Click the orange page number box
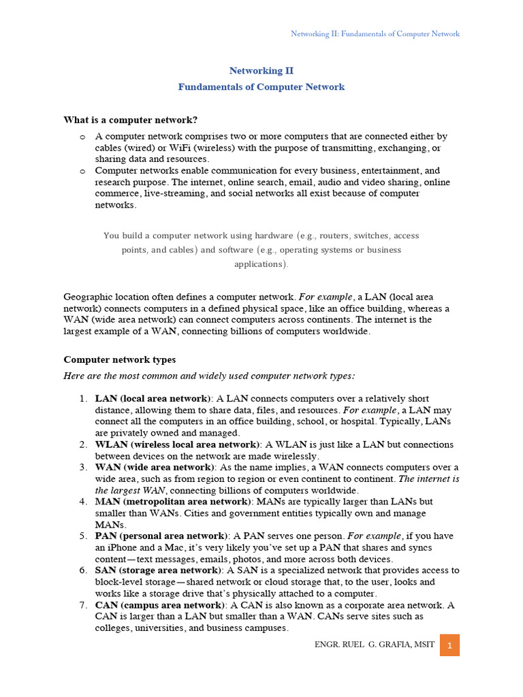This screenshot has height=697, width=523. [449, 645]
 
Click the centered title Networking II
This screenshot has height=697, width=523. [261, 70]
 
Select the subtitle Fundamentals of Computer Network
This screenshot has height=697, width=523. [261, 86]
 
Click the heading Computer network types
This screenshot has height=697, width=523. [119, 359]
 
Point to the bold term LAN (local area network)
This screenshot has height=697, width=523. [153, 398]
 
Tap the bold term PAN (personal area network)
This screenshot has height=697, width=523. [160, 536]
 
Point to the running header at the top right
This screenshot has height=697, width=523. [375, 33]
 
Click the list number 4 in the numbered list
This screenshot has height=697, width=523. [82, 502]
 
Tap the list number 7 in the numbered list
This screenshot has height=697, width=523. [82, 605]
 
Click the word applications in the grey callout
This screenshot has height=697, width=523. [261, 264]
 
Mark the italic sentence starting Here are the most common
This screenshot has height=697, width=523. [209, 376]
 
